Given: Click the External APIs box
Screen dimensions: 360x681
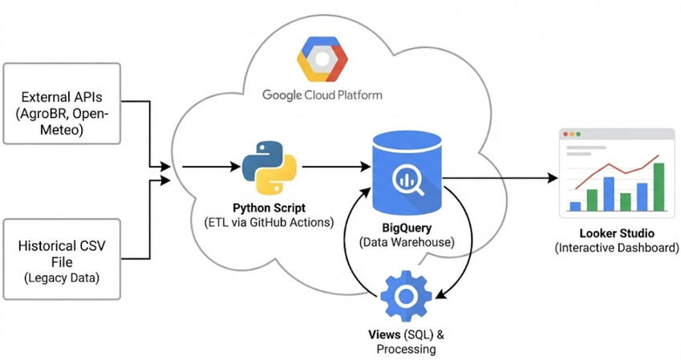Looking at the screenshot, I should tap(61, 103).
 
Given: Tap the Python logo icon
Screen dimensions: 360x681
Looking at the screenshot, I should tap(270, 166).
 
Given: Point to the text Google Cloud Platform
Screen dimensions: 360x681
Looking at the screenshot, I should tap(322, 95).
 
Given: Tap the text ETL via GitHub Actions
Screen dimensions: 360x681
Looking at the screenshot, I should tap(270, 222).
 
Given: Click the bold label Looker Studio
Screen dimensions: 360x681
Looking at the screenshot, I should tap(616, 233).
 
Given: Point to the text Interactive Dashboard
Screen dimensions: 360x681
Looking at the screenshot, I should tap(616, 248).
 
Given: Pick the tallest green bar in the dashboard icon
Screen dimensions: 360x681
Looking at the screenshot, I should tap(659, 186).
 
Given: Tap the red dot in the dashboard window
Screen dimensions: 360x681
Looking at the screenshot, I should tap(565, 134).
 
